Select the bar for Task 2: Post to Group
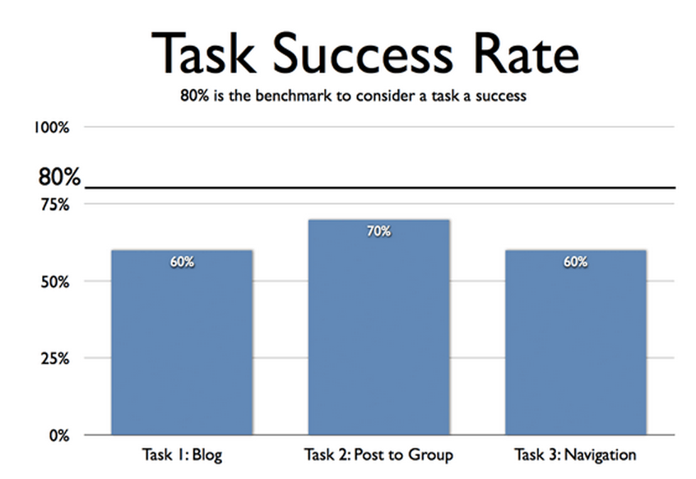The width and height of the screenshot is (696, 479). click(x=378, y=329)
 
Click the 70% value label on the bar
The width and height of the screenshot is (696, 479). click(x=378, y=232)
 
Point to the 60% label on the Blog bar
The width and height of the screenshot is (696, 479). click(x=182, y=263)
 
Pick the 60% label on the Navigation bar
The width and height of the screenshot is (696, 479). click(x=575, y=263)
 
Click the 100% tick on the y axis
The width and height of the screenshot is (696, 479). click(x=52, y=128)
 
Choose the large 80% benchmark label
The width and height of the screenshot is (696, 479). click(x=58, y=177)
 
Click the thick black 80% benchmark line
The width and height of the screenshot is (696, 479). click(x=378, y=188)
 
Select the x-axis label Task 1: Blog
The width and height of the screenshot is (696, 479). click(x=182, y=455)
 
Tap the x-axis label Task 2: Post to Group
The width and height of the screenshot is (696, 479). click(x=378, y=455)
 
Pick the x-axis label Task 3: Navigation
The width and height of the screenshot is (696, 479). click(x=575, y=455)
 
